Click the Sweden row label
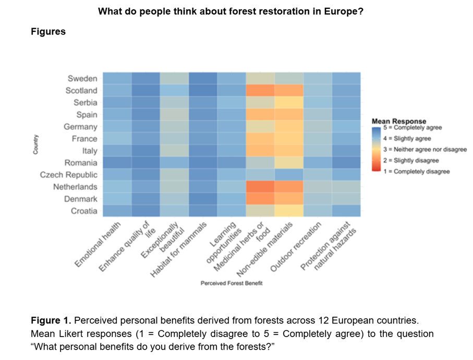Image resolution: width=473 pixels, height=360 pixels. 82,79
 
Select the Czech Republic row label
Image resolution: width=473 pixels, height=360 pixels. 69,175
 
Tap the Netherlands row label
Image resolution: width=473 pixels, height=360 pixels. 75,187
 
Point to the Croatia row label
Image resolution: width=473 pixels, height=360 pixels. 84,211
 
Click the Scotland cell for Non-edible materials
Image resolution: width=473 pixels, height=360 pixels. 289,90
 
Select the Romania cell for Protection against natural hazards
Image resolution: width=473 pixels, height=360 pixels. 346,163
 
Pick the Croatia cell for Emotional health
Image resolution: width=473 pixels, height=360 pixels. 117,211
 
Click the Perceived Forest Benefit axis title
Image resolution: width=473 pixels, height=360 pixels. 232,283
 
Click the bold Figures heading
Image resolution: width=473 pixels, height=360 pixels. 48,32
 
